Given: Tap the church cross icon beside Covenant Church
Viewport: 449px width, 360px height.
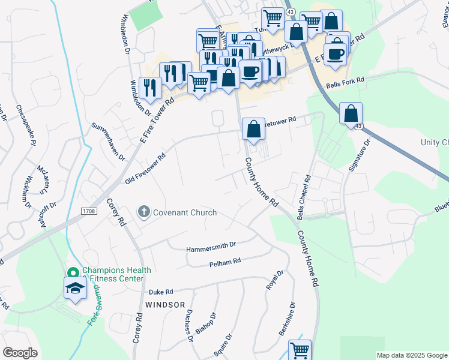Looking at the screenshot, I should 143,212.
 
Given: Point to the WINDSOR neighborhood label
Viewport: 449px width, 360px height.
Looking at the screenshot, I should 164,305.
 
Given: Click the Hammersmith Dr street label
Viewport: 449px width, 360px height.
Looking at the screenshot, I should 212,245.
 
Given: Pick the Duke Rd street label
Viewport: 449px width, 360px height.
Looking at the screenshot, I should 160,292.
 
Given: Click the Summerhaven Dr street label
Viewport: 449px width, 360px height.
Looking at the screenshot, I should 108,142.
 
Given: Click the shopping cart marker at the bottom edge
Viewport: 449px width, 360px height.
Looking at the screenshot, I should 300,350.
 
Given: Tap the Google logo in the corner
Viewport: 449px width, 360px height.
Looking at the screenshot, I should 20,353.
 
